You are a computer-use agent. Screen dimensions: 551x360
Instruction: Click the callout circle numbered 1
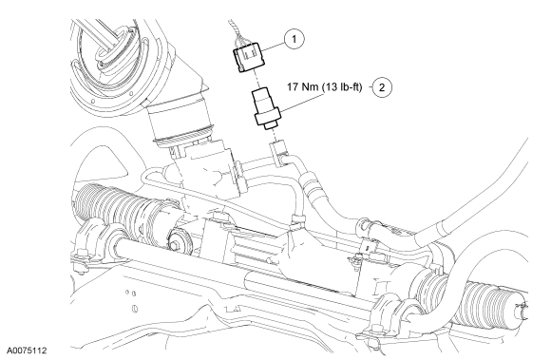point(294,39)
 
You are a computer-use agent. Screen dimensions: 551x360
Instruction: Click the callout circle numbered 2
point(381,86)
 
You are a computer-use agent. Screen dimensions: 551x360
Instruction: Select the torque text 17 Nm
point(302,86)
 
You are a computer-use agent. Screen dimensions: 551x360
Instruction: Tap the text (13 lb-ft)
point(342,86)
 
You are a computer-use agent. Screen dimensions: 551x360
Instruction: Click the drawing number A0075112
point(28,351)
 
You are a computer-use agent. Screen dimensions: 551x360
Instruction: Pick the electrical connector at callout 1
point(249,57)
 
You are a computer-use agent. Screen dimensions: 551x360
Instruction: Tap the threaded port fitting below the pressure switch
point(279,153)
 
